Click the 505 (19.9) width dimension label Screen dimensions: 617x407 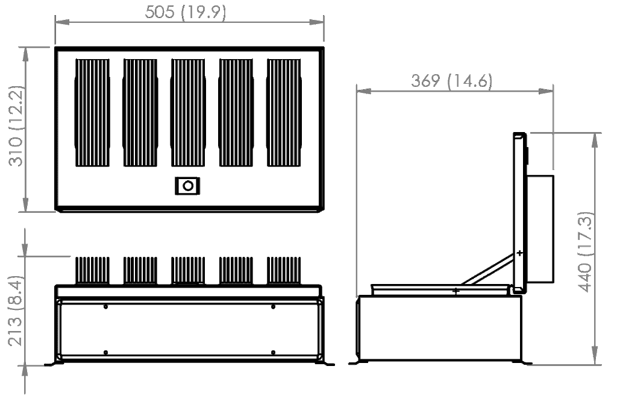pyautogui.click(x=186, y=12)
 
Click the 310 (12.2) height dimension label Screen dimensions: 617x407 pyautogui.click(x=16, y=126)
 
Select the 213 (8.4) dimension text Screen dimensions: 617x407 pyautogui.click(x=16, y=311)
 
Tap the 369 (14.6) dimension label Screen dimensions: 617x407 pyautogui.click(x=452, y=81)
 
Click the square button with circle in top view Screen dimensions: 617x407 pyautogui.click(x=188, y=186)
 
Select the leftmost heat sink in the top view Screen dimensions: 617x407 pyautogui.click(x=92, y=113)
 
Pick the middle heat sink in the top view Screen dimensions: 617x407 pyautogui.click(x=188, y=113)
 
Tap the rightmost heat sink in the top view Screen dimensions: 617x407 pyautogui.click(x=284, y=113)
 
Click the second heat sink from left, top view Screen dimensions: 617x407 pyautogui.click(x=140, y=113)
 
